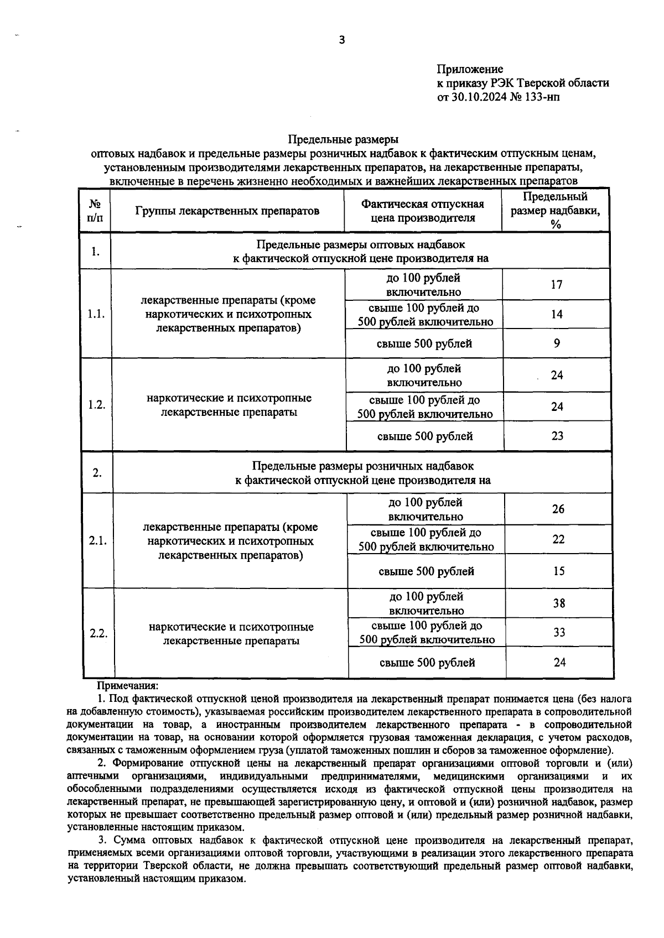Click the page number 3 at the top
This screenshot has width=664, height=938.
click(341, 39)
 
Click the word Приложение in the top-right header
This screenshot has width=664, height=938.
click(470, 69)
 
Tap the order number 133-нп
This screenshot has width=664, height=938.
click(536, 97)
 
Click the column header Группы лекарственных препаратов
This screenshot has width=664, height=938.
click(227, 211)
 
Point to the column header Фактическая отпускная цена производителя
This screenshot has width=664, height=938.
click(423, 211)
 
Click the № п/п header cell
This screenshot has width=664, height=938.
click(95, 211)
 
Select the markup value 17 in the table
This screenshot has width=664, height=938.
click(556, 285)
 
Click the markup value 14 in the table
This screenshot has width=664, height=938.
click(556, 314)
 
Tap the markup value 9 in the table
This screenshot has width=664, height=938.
click(557, 343)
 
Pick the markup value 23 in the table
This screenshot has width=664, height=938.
click(557, 436)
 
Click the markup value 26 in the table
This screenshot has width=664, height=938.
click(558, 509)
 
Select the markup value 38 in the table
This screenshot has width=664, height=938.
click(559, 603)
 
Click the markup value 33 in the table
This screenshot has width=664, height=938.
click(559, 632)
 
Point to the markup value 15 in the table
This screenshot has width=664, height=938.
click(559, 571)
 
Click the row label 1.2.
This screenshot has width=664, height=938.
click(96, 404)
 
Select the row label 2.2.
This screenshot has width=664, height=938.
click(98, 633)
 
